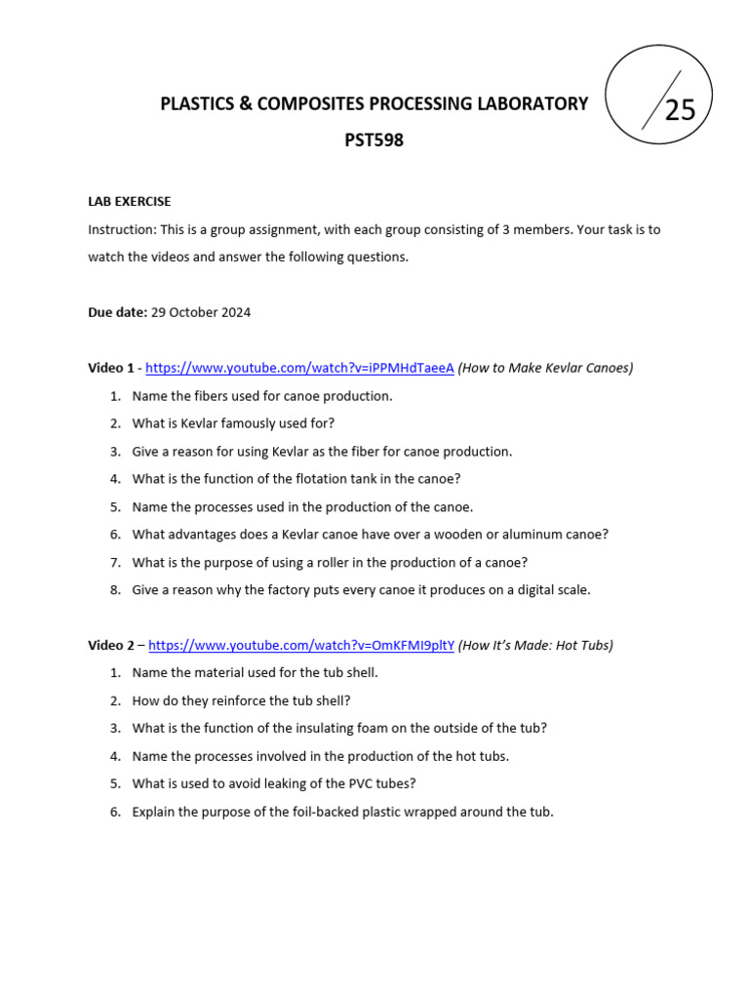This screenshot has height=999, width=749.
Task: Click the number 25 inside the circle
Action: click(x=680, y=110)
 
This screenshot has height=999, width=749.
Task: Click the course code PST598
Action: click(x=374, y=140)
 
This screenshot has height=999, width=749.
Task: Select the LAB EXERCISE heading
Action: click(x=130, y=202)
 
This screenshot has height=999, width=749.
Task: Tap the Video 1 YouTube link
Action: click(x=299, y=368)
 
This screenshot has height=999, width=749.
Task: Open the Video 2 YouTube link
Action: click(x=301, y=645)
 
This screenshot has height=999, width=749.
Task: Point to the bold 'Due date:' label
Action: click(x=117, y=312)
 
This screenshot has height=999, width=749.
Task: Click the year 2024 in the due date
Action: click(x=235, y=312)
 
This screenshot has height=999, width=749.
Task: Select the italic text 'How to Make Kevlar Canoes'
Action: click(x=545, y=368)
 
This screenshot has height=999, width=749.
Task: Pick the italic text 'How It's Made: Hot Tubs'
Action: click(x=535, y=645)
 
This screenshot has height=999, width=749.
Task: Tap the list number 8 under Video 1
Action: click(x=114, y=589)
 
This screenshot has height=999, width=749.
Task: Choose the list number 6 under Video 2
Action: click(x=114, y=811)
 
